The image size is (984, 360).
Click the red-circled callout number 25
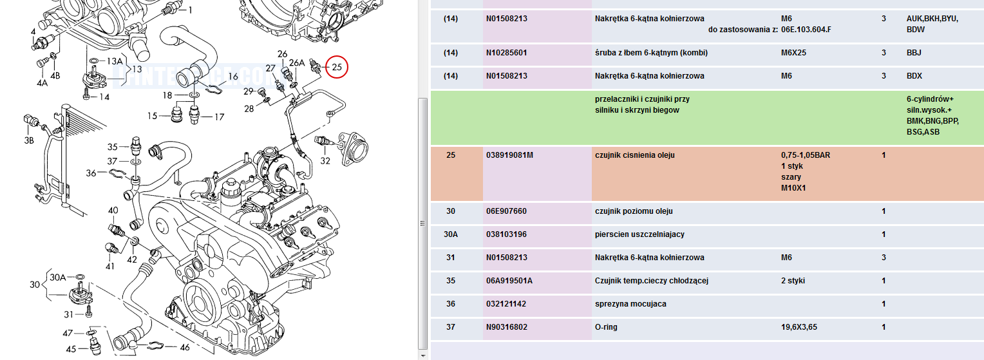point(337,67)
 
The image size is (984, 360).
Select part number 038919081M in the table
point(509,155)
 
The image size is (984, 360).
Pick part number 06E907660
point(507,211)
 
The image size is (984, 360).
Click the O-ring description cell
point(606,327)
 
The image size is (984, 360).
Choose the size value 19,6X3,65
point(799,327)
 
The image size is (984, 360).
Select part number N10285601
point(507,53)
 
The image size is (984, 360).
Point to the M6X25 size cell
point(794,53)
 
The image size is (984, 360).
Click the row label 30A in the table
point(451,234)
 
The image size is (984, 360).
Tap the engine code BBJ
point(914,53)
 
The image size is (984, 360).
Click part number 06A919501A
point(509,280)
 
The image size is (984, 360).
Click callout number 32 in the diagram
point(325,161)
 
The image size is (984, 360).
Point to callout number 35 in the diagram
point(113,147)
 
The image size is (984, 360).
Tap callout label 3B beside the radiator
point(29,140)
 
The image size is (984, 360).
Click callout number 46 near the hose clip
point(185,347)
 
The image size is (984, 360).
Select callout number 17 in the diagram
point(219,117)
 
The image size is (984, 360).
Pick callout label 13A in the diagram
point(115,61)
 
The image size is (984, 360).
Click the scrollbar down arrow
point(422,355)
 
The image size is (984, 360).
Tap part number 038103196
point(507,234)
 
